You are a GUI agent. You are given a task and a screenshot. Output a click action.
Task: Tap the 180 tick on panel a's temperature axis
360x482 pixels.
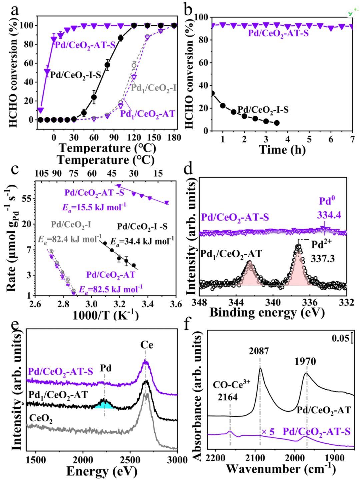pyautogui.click(x=174, y=137)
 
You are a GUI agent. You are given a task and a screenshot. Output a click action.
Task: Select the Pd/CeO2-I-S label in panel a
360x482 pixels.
pyautogui.click(x=75, y=75)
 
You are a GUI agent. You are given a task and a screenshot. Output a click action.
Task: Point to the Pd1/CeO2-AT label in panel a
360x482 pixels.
pyautogui.click(x=147, y=114)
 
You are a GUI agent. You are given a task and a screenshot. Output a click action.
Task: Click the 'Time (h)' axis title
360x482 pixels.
pyautogui.click(x=282, y=150)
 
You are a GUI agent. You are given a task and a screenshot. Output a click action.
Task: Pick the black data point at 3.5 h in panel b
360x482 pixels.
pyautogui.click(x=277, y=123)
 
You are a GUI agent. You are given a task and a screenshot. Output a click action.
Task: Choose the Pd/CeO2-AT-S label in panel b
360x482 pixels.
pyautogui.click(x=278, y=33)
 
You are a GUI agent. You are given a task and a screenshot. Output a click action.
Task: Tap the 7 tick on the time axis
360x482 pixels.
pyautogui.click(x=352, y=139)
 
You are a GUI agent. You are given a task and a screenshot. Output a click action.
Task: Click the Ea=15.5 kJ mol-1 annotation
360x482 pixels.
pyautogui.click(x=94, y=207)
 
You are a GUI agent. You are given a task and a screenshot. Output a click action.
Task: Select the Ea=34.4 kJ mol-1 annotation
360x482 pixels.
pyautogui.click(x=142, y=241)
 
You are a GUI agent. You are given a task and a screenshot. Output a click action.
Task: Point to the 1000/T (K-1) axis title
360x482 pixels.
pyautogui.click(x=105, y=315)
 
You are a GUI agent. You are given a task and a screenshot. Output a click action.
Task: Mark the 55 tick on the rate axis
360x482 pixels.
pyautogui.click(x=27, y=199)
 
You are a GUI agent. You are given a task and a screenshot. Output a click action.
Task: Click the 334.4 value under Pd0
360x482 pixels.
pyautogui.click(x=329, y=215)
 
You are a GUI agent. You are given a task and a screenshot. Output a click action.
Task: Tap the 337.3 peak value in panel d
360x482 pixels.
pyautogui.click(x=323, y=258)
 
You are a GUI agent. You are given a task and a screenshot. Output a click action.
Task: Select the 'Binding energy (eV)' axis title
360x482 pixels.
pyautogui.click(x=267, y=313)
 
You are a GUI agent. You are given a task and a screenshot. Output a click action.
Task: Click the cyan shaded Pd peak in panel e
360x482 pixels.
pyautogui.click(x=105, y=404)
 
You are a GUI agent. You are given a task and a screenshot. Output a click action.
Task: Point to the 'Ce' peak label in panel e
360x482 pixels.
pyautogui.click(x=147, y=345)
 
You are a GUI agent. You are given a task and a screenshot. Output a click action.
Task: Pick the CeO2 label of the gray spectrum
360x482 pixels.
pyautogui.click(x=41, y=418)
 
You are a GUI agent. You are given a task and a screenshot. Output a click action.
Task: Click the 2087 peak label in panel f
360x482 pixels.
pyautogui.click(x=259, y=351)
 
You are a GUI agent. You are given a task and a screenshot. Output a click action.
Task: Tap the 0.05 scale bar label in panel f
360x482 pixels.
pyautogui.click(x=340, y=338)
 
